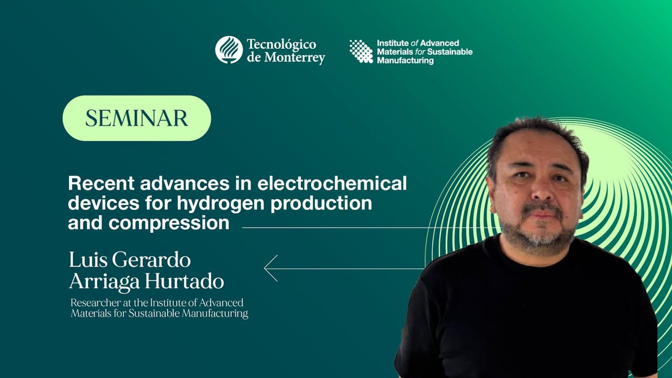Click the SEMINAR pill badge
137,118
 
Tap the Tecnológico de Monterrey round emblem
229,50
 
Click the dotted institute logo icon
361,51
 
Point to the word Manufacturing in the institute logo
405,60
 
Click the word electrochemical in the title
332,183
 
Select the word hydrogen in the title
221,204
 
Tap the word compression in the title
169,223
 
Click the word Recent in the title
101,183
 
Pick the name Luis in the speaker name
88,259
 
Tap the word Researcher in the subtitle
96,303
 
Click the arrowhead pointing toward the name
271,268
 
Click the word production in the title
322,204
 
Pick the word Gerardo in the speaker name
151,259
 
